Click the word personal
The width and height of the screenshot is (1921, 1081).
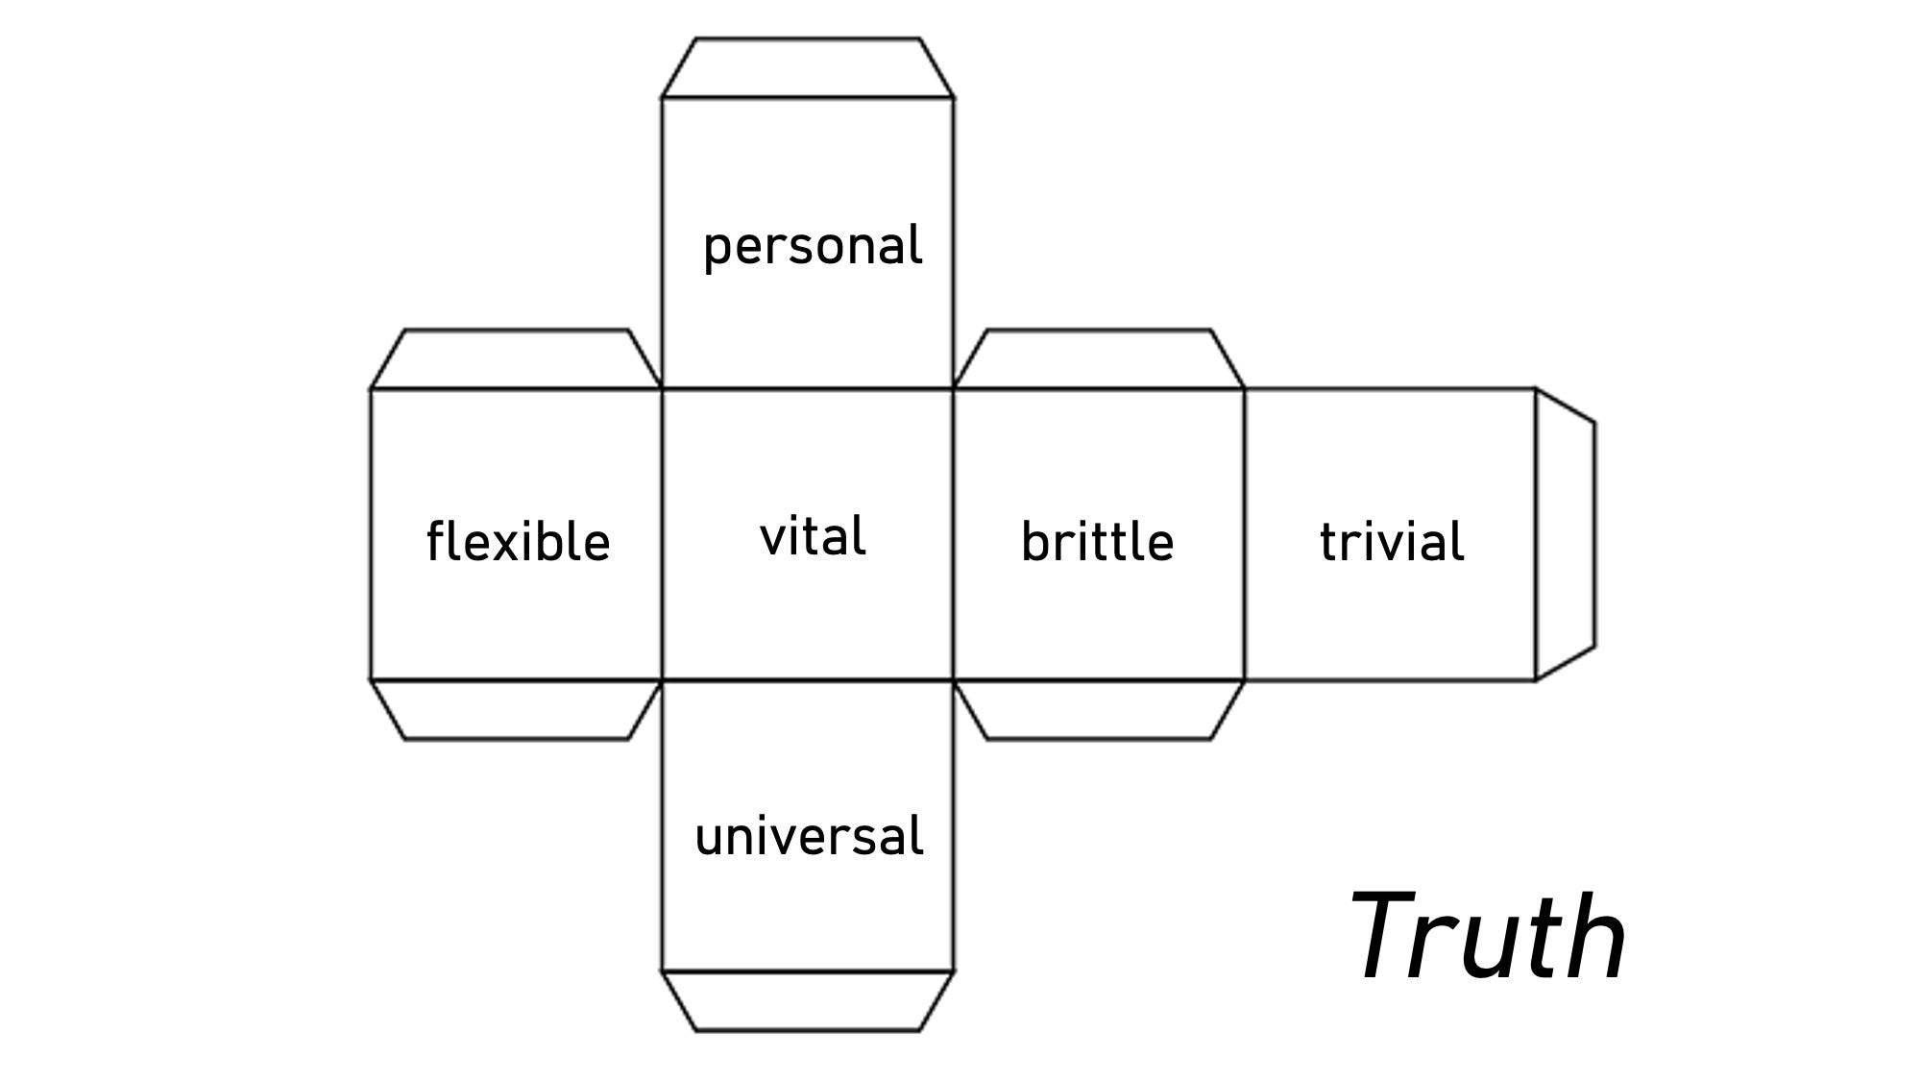tap(813, 246)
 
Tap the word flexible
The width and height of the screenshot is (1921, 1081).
tap(518, 542)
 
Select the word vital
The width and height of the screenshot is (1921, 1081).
tap(813, 536)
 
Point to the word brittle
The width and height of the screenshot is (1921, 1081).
tap(1097, 542)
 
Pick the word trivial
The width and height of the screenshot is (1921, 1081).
tap(1392, 542)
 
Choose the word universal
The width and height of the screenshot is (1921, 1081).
tap(809, 837)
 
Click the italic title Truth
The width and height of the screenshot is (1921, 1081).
tap(1488, 937)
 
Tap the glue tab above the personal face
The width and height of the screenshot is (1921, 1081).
tap(808, 68)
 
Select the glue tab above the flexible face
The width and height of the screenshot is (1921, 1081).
tap(517, 359)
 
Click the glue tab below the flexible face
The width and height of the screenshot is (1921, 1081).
tap(517, 710)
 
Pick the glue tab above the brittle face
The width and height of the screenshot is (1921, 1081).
tap(1099, 359)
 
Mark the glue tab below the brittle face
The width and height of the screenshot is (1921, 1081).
tap(1099, 710)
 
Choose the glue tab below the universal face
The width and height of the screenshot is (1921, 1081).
tap(808, 1001)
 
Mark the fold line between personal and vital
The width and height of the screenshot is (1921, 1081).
tap(808, 389)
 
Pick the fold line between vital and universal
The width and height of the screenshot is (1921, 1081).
tap(808, 680)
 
